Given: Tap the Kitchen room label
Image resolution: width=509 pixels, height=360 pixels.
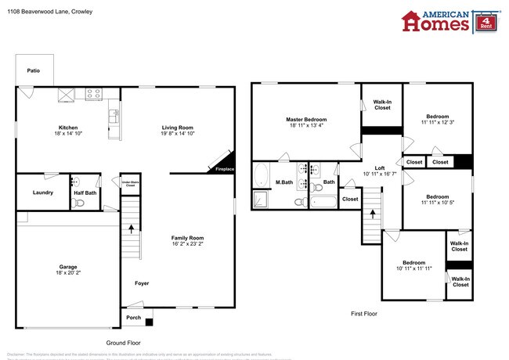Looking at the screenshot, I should [68, 128].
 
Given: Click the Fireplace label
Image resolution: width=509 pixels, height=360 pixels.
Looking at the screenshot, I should [224, 168].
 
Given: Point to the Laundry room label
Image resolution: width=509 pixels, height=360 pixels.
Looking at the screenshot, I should [42, 192].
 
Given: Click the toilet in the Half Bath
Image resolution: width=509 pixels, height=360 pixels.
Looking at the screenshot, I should [77, 203].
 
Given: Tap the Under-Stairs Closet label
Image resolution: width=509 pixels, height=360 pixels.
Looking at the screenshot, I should [129, 184].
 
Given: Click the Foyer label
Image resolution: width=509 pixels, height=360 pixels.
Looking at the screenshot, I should [142, 283].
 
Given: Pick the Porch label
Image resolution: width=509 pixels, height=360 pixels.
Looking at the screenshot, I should [134, 318].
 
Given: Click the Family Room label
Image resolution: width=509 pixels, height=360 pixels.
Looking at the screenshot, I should [188, 238].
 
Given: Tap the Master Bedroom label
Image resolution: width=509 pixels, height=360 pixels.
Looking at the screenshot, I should [305, 119].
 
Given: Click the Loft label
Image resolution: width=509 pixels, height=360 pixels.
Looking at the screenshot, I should [379, 168].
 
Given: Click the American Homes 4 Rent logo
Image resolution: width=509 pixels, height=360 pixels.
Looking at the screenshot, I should [446, 21].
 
